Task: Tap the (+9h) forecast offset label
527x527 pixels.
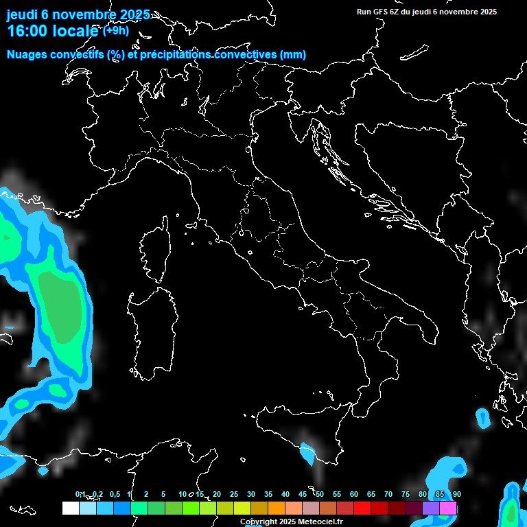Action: [x=116, y=30]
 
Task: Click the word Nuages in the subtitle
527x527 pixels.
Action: [x=27, y=55]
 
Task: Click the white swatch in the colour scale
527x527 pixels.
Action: [x=70, y=508]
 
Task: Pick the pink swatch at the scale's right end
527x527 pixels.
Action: [x=448, y=508]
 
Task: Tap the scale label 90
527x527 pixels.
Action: [x=457, y=495]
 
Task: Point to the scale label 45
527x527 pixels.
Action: [x=303, y=495]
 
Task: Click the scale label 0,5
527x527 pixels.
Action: [x=115, y=495]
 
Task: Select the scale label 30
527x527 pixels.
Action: [x=251, y=495]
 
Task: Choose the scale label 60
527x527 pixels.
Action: [x=354, y=495]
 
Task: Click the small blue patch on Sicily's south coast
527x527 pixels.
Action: [x=306, y=452]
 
